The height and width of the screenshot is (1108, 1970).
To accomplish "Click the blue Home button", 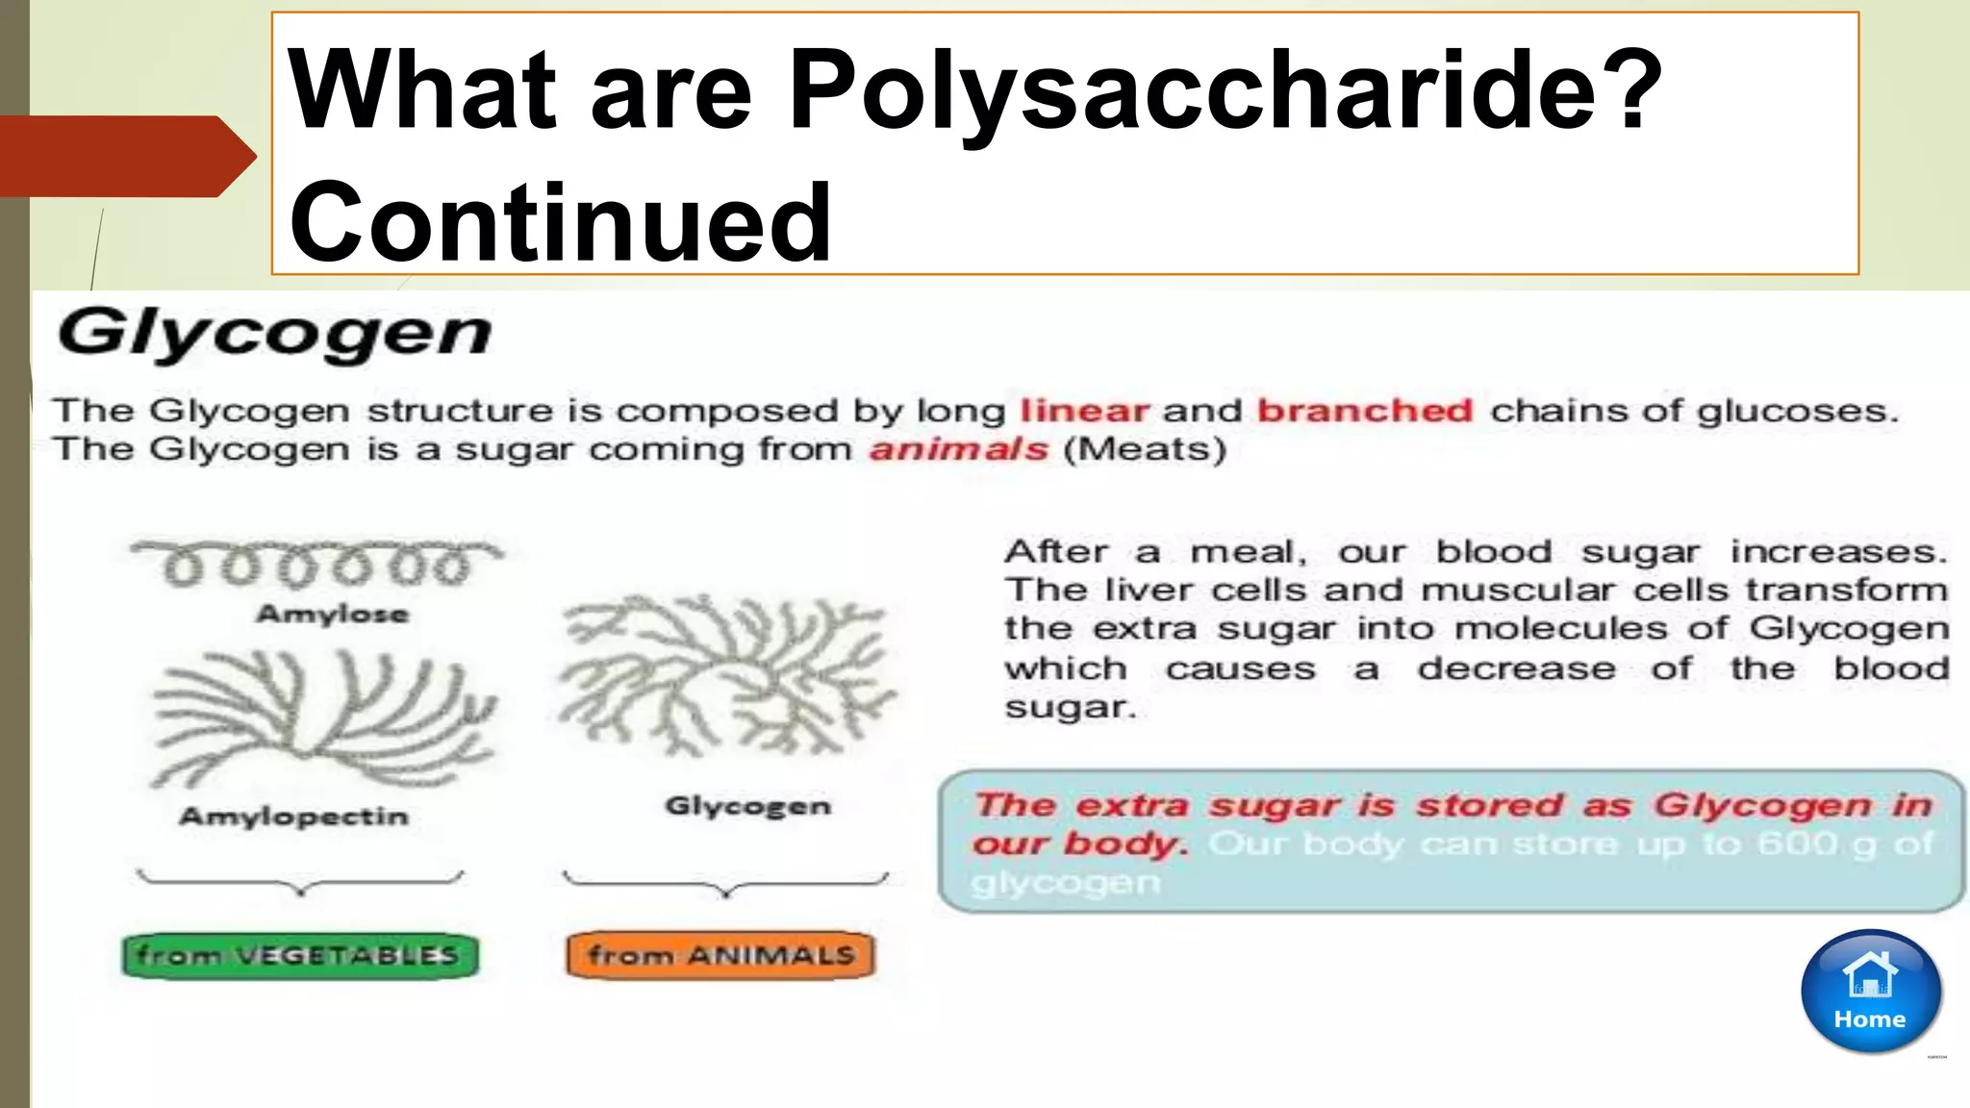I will click(x=1870, y=992).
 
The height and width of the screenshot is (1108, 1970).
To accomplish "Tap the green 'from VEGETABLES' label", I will click(x=299, y=956).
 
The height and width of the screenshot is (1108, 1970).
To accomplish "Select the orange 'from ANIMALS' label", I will click(x=721, y=955).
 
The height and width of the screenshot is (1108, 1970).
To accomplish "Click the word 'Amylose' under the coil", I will click(x=332, y=614).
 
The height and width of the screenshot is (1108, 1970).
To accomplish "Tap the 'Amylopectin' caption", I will click(x=294, y=817).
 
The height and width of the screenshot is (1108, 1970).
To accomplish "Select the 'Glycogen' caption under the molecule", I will click(x=747, y=806).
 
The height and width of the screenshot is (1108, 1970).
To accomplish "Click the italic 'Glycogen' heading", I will click(x=274, y=334).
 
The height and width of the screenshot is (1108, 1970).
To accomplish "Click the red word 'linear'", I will click(x=1084, y=412).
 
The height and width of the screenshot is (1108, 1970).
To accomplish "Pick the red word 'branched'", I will click(x=1365, y=412).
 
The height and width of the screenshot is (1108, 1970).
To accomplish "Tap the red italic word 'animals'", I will click(x=958, y=450).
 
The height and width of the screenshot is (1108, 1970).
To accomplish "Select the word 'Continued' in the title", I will click(x=560, y=223).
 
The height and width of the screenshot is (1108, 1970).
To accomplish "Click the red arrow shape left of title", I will click(x=125, y=157).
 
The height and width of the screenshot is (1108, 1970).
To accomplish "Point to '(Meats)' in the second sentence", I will click(x=1145, y=450).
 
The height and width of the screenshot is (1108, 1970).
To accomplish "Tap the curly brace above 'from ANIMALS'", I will click(x=725, y=883).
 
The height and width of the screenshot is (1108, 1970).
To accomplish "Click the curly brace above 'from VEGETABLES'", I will click(x=300, y=883).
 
